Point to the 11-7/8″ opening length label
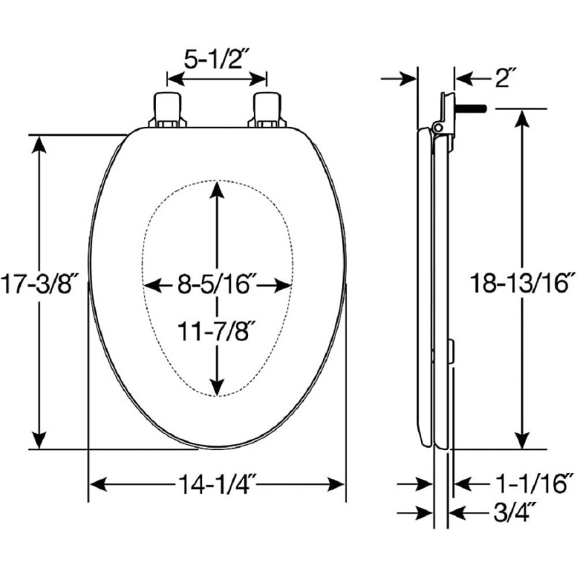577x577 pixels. (216, 331)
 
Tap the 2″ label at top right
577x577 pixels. (504, 78)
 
